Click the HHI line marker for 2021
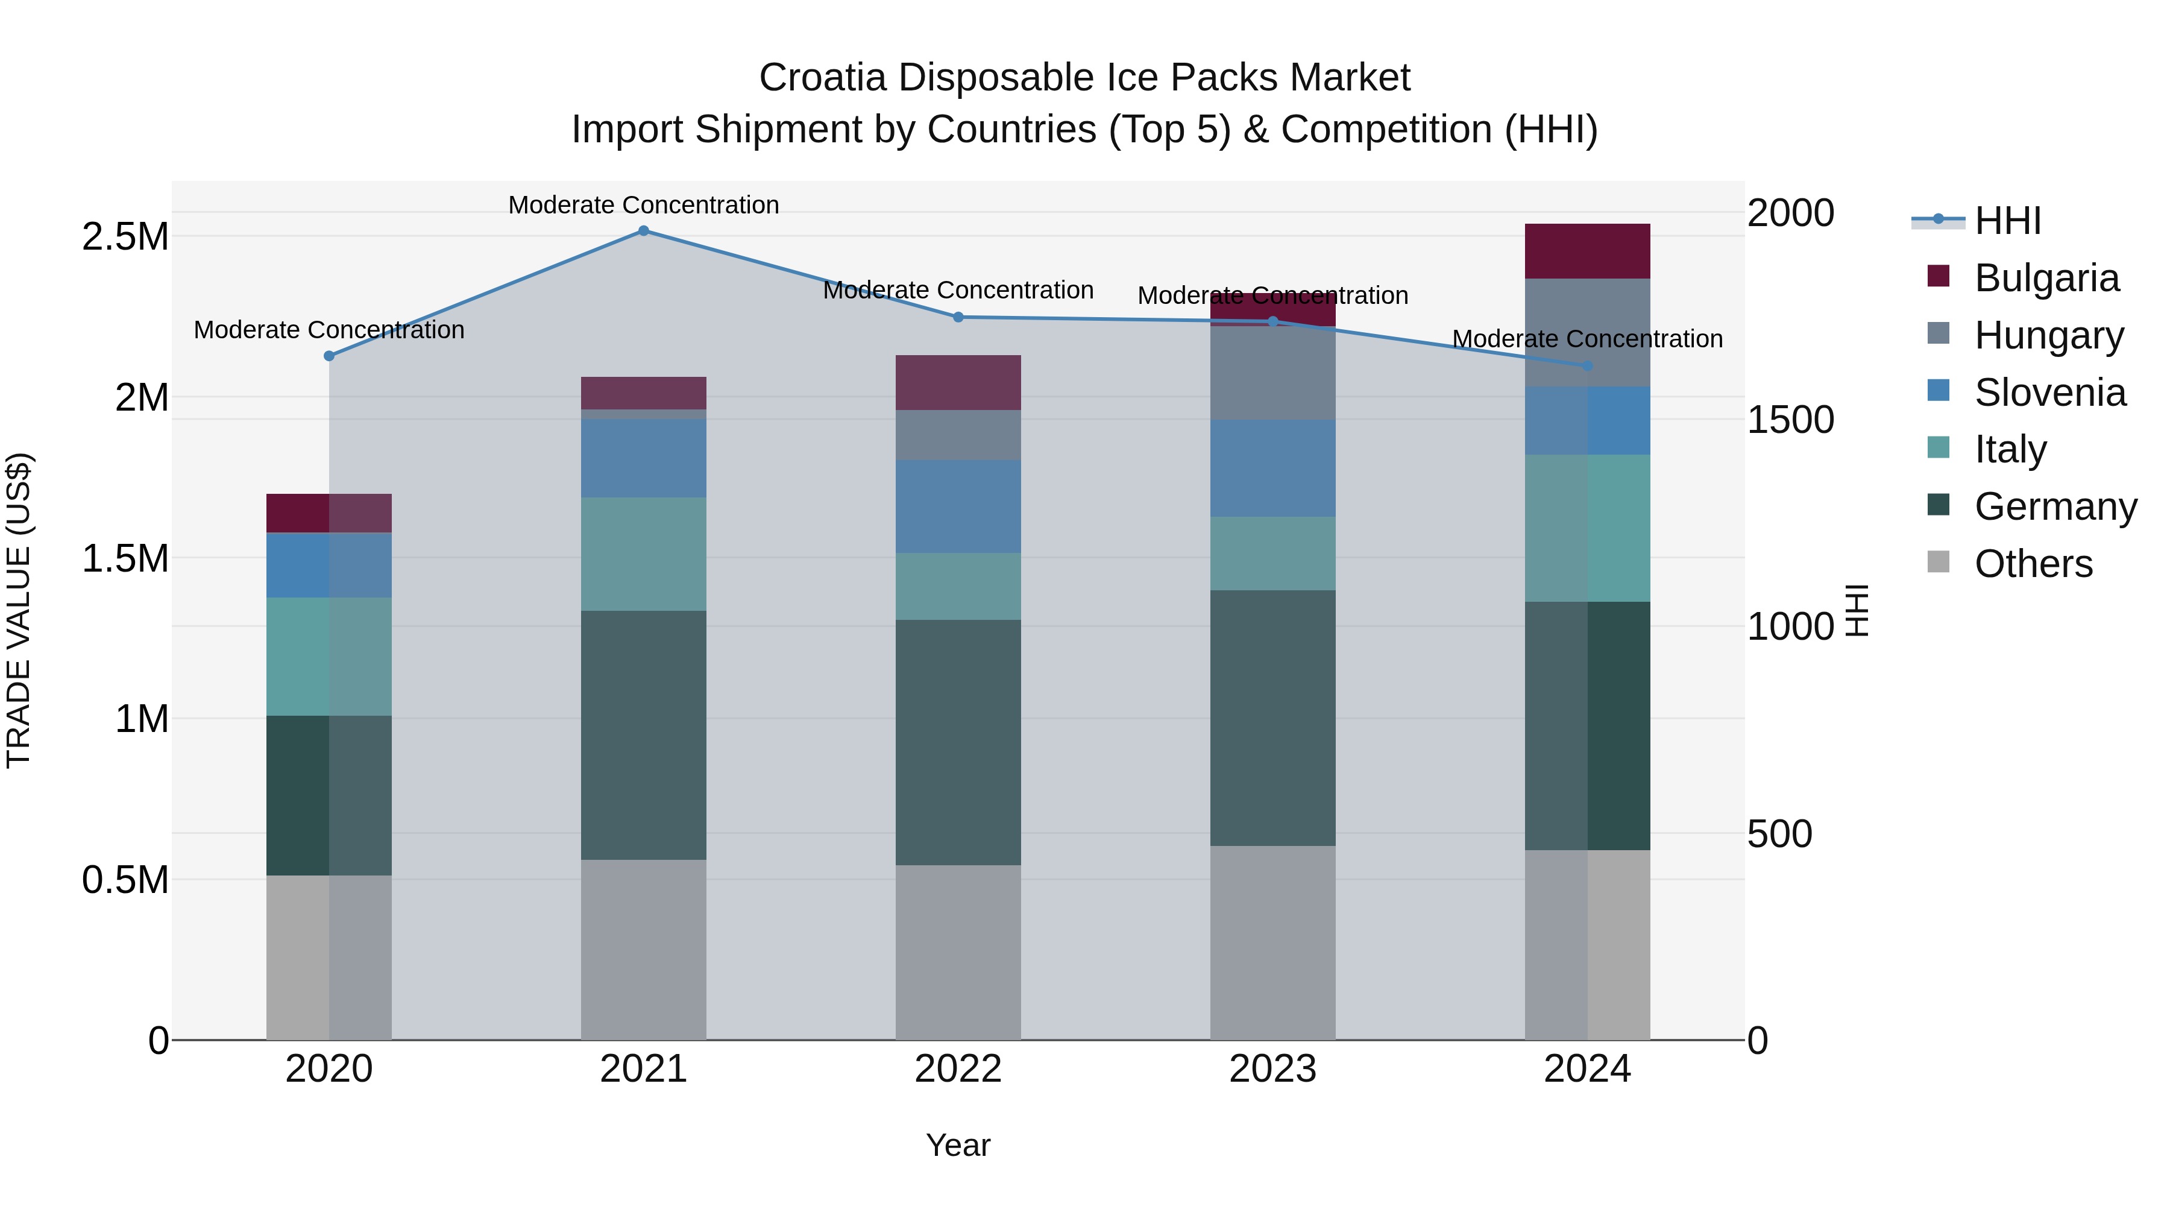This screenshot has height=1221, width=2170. click(644, 230)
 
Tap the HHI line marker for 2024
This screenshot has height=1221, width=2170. click(1588, 366)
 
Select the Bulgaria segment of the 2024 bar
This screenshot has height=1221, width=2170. click(1588, 250)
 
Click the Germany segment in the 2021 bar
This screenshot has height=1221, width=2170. click(644, 735)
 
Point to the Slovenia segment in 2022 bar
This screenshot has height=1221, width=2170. click(958, 506)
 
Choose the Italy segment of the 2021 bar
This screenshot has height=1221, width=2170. click(644, 554)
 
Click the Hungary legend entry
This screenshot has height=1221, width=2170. click(2049, 335)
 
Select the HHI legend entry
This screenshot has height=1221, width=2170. click(2007, 221)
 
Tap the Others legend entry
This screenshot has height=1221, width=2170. click(2033, 564)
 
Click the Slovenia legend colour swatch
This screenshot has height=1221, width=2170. click(1939, 390)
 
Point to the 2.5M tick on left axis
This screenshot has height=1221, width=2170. click(125, 237)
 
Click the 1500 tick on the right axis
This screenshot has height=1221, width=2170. click(1790, 420)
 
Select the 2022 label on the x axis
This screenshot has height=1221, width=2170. click(958, 1069)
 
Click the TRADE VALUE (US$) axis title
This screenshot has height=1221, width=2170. click(19, 610)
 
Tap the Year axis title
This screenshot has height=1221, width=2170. click(958, 1145)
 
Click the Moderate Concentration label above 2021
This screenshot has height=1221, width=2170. click(644, 205)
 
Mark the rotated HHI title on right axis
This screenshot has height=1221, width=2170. click(1857, 610)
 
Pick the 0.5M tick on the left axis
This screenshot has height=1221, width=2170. click(125, 880)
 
